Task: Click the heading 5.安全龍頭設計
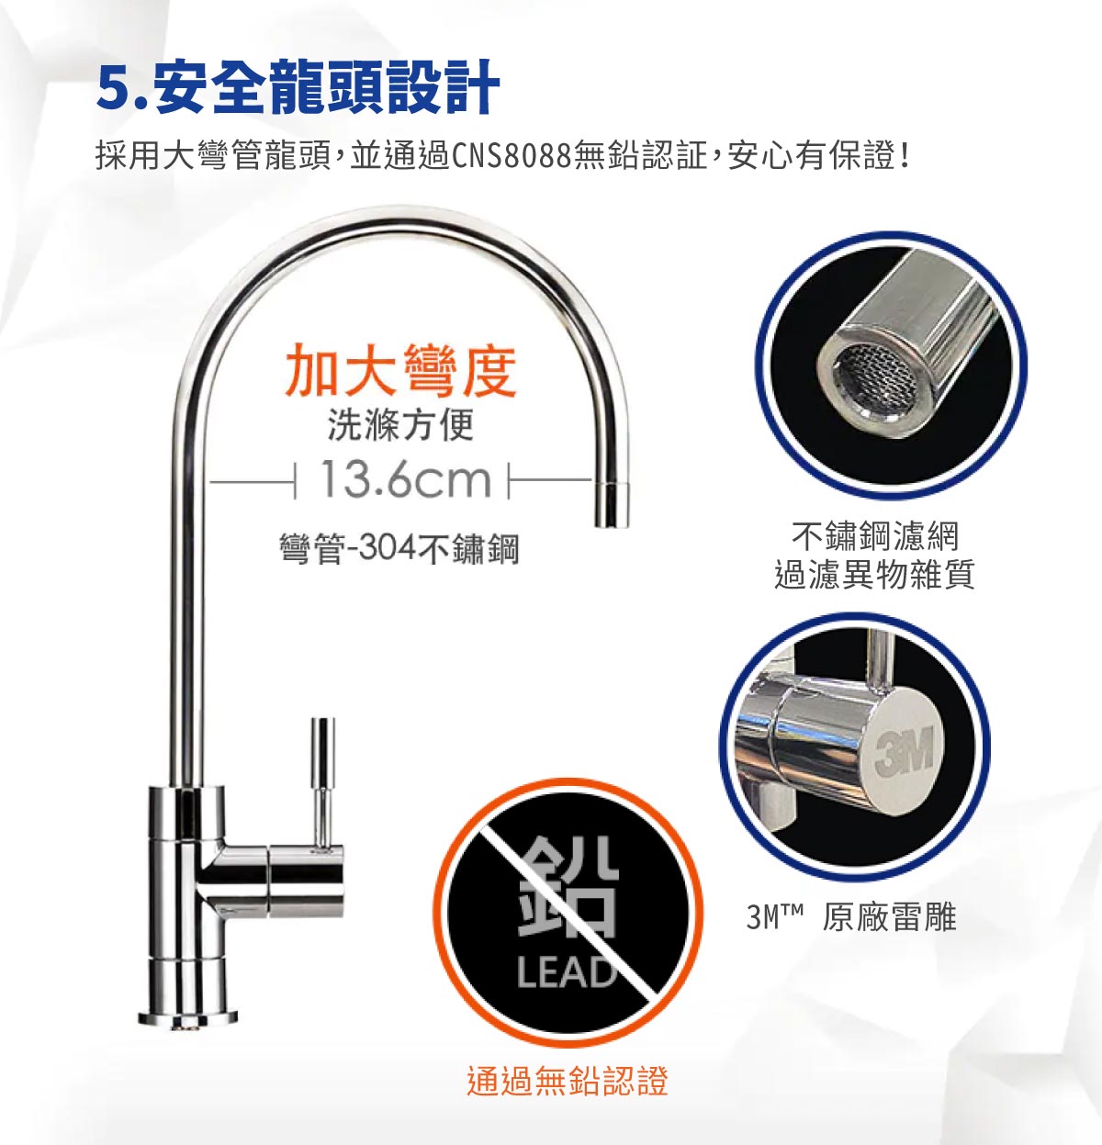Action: pyautogui.click(x=298, y=87)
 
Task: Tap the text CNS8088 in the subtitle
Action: pyautogui.click(x=511, y=156)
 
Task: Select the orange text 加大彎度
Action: pyautogui.click(x=401, y=371)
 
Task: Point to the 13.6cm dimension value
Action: pyautogui.click(x=405, y=479)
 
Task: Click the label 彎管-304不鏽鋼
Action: pyautogui.click(x=399, y=549)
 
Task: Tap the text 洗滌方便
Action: pyautogui.click(x=400, y=425)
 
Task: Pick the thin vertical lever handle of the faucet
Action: pyautogui.click(x=322, y=782)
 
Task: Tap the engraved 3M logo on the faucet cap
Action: pyautogui.click(x=905, y=749)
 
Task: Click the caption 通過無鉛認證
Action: pyautogui.click(x=568, y=1081)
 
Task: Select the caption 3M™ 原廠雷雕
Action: pyautogui.click(x=851, y=916)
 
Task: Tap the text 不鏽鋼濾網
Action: pyautogui.click(x=875, y=535)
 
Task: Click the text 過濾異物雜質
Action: pyautogui.click(x=875, y=574)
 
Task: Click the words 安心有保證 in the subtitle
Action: pyautogui.click(x=812, y=156)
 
